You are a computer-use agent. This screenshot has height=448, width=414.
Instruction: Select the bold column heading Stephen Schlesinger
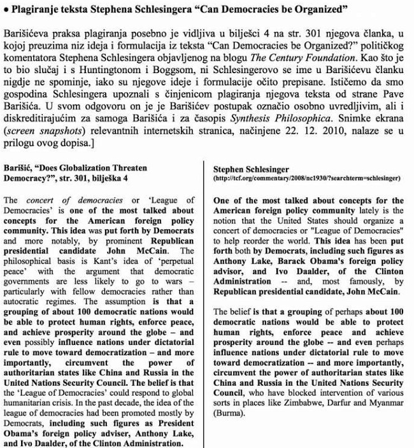251,169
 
